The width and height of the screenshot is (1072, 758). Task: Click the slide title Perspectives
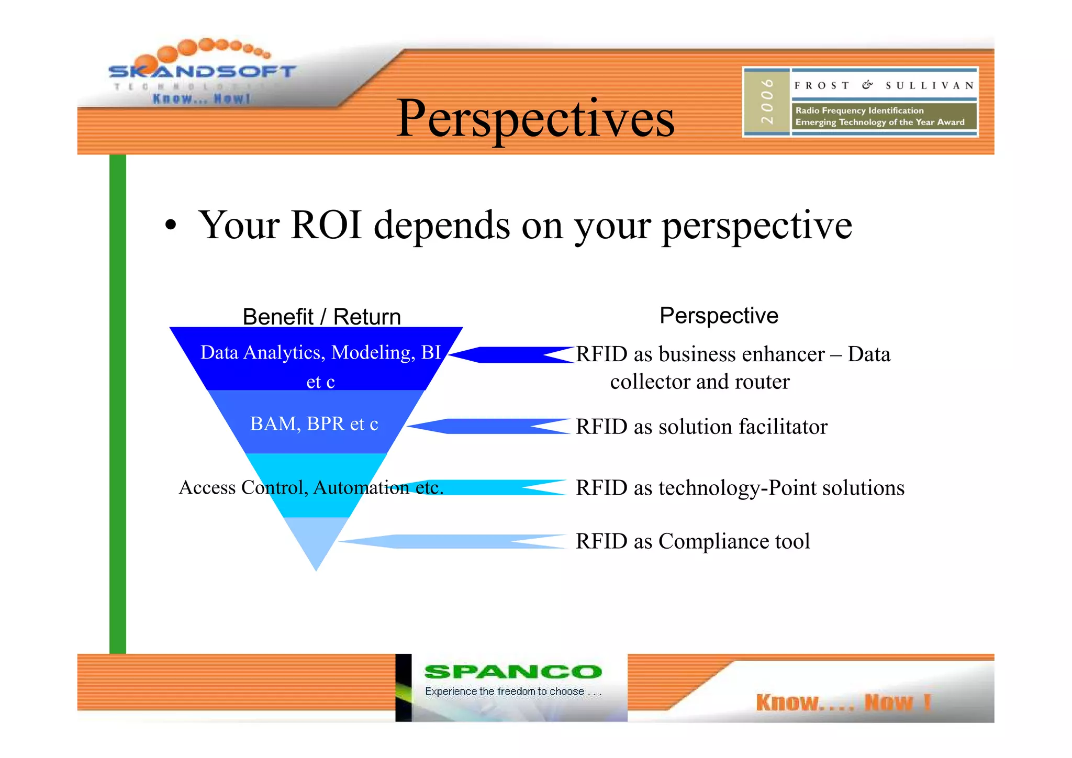535,119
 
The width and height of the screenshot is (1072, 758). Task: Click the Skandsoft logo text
202,71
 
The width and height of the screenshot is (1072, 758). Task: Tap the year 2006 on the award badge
767,102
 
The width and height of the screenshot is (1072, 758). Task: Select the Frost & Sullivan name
884,85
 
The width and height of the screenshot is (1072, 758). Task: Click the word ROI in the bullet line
326,225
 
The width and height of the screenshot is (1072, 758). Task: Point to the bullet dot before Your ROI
170,226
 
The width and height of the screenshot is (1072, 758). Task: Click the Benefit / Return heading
321,317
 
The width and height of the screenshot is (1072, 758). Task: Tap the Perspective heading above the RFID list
718,316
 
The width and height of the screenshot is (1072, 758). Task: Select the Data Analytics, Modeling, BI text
320,353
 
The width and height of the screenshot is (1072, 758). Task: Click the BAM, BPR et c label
314,423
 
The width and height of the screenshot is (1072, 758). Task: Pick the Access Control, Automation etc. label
311,487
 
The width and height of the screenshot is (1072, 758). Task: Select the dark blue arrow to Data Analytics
510,354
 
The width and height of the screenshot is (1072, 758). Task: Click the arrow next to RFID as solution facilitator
487,426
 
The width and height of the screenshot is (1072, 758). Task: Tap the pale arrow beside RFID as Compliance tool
453,541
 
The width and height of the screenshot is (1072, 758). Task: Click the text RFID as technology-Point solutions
740,488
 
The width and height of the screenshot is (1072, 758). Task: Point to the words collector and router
699,382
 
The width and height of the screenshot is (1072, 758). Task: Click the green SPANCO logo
512,672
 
